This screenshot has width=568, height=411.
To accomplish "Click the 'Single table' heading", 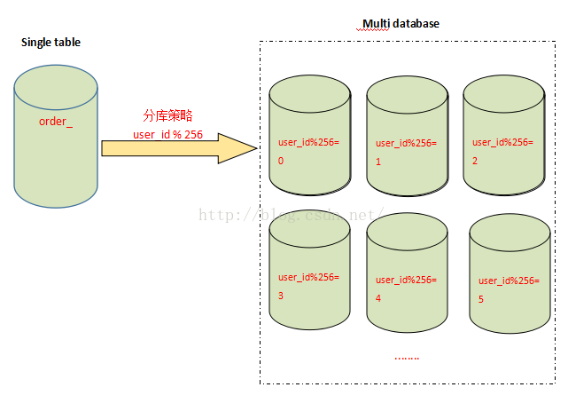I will coord(51,42).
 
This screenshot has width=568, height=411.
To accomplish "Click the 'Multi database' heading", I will coord(401,24).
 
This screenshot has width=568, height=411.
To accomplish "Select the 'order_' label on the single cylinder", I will coord(56,121).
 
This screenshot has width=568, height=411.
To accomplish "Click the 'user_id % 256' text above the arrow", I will coord(167,134).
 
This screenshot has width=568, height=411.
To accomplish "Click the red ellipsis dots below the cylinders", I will coord(406,357).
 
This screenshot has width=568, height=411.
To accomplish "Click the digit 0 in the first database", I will coord(281,162).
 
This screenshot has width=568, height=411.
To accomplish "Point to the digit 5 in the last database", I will coord(480,299).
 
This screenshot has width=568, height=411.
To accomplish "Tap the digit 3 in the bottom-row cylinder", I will coord(281,296).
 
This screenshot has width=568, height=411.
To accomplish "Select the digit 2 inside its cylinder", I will coord(474,161).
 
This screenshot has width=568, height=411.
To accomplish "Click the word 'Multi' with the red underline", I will coord(375,24).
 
